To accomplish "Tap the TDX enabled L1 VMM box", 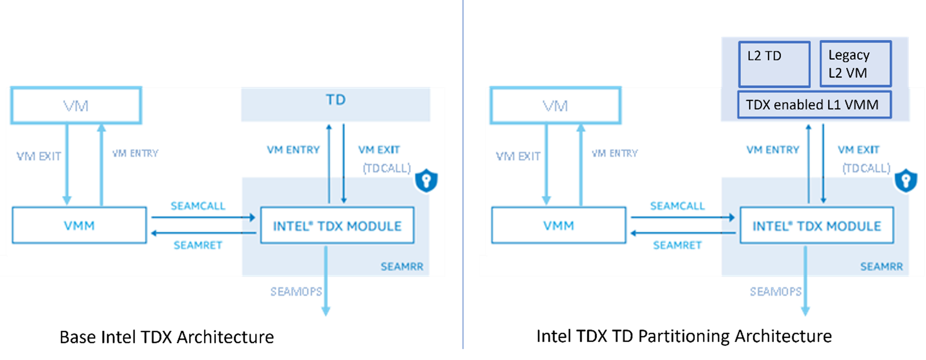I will (814, 105).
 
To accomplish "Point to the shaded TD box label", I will (336, 100).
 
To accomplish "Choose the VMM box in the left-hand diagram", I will (79, 225).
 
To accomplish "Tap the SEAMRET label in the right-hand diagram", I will (677, 245).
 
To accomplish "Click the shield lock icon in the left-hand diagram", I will (426, 180).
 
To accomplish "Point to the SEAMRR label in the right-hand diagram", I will (882, 267).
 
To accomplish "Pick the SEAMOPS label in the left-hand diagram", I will (296, 292).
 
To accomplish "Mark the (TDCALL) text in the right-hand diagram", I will (866, 168).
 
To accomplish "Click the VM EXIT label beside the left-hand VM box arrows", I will (39, 156).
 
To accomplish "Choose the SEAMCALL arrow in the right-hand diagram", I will (682, 217).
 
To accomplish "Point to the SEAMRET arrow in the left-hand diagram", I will (203, 233).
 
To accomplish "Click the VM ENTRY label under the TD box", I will (293, 150).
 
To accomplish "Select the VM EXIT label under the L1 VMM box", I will (858, 150).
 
